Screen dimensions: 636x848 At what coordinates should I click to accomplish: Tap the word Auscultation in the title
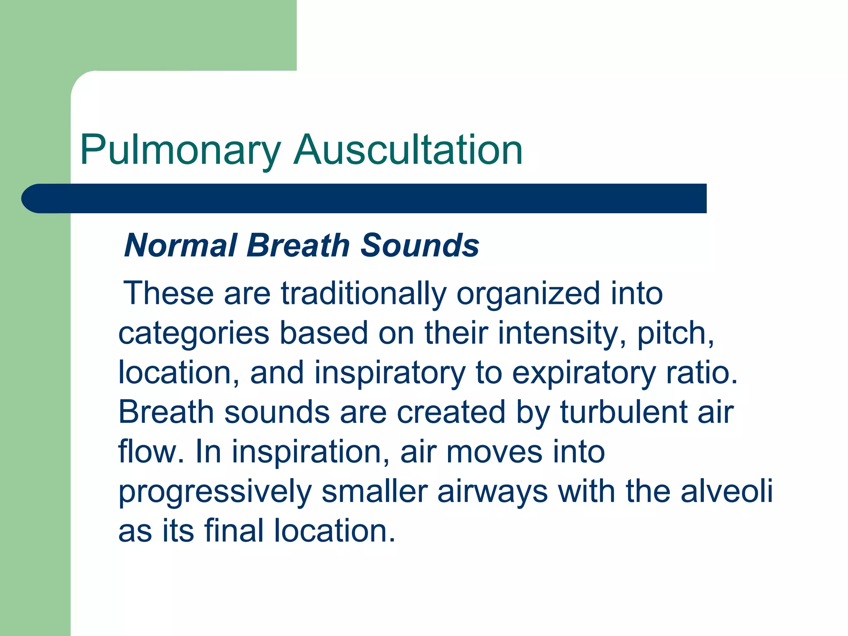click(x=408, y=150)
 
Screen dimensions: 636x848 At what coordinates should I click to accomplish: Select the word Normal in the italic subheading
click(x=181, y=245)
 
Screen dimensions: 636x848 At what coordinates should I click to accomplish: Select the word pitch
click(x=675, y=333)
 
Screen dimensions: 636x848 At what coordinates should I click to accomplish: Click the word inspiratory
click(x=390, y=373)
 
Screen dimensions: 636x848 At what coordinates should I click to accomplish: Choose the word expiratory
click(x=584, y=373)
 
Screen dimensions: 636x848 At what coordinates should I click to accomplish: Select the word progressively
click(x=214, y=492)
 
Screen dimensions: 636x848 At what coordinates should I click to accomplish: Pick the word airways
click(x=492, y=492)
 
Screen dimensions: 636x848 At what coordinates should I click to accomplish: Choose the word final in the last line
click(x=234, y=530)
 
